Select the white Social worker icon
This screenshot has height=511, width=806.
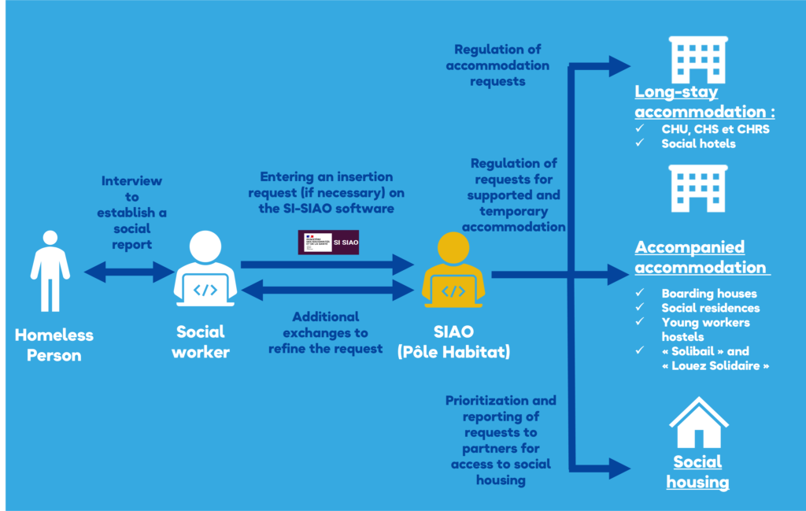pos(204,270)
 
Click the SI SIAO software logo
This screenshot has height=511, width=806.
pos(328,243)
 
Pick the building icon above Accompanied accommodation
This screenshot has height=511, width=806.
pos(698,189)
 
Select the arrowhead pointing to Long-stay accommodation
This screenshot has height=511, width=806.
pos(619,66)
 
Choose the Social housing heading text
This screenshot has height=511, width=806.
pos(697,472)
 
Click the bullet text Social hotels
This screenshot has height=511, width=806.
pos(698,143)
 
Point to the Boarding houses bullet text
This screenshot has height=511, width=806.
pos(708,294)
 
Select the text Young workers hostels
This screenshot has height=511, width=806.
pos(705,329)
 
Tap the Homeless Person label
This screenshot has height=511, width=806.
pos(54,345)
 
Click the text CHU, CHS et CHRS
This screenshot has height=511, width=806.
pos(715,129)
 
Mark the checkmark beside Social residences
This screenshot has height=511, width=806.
pos(641,308)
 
